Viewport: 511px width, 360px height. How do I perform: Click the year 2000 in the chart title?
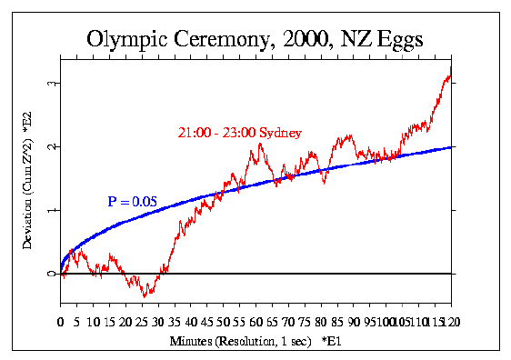tap(299, 40)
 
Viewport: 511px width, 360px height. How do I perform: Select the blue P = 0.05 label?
tap(132, 201)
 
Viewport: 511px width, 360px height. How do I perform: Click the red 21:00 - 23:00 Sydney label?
tap(239, 133)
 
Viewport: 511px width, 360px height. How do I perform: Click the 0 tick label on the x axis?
tap(60, 321)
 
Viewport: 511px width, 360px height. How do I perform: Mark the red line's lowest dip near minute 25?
tap(144, 295)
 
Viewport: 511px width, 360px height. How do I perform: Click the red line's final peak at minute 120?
tap(449, 75)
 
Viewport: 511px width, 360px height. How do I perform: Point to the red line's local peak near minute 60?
tap(258, 143)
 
